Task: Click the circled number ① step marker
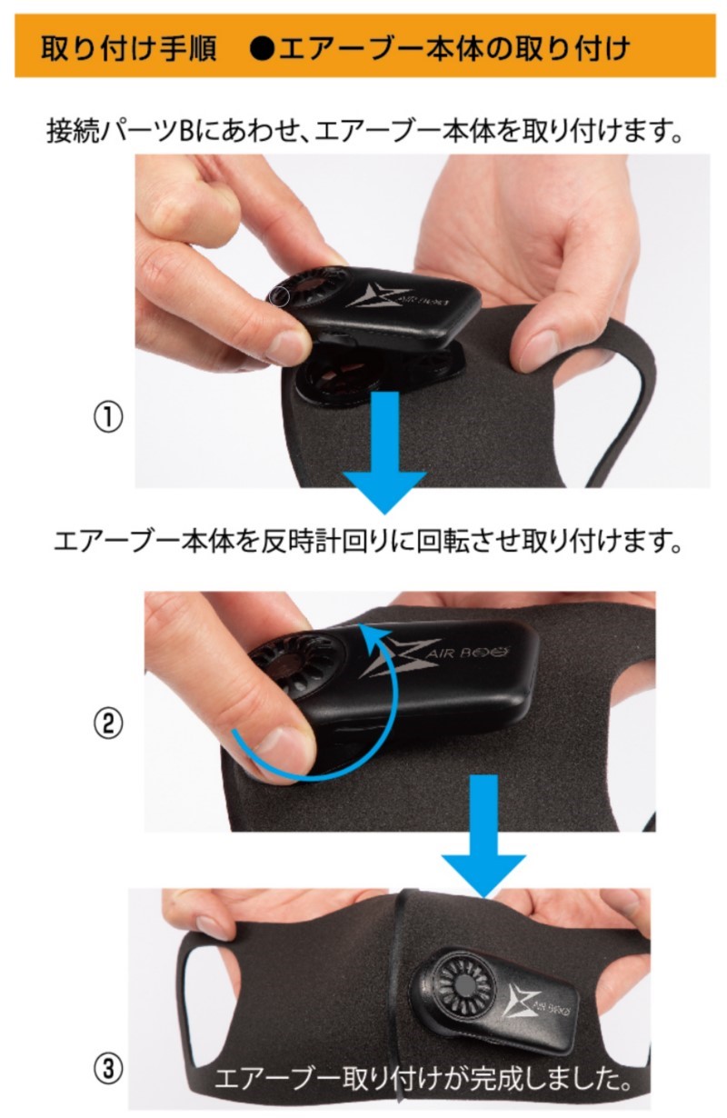click(108, 417)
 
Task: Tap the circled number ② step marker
click(108, 724)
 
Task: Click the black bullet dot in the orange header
click(263, 49)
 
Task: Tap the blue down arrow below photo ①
click(384, 452)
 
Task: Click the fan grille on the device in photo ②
click(298, 660)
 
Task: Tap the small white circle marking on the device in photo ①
click(279, 296)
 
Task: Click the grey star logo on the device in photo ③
click(520, 998)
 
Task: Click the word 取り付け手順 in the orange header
click(129, 49)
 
